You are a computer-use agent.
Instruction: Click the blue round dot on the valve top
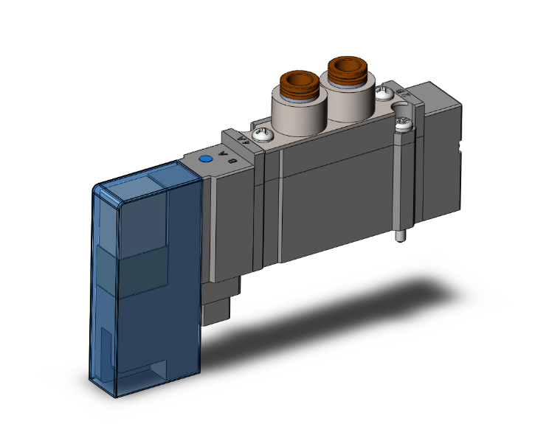point(207,159)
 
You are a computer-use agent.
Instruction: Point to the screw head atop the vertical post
point(402,126)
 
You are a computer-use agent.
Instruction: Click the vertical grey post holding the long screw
point(401,184)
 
